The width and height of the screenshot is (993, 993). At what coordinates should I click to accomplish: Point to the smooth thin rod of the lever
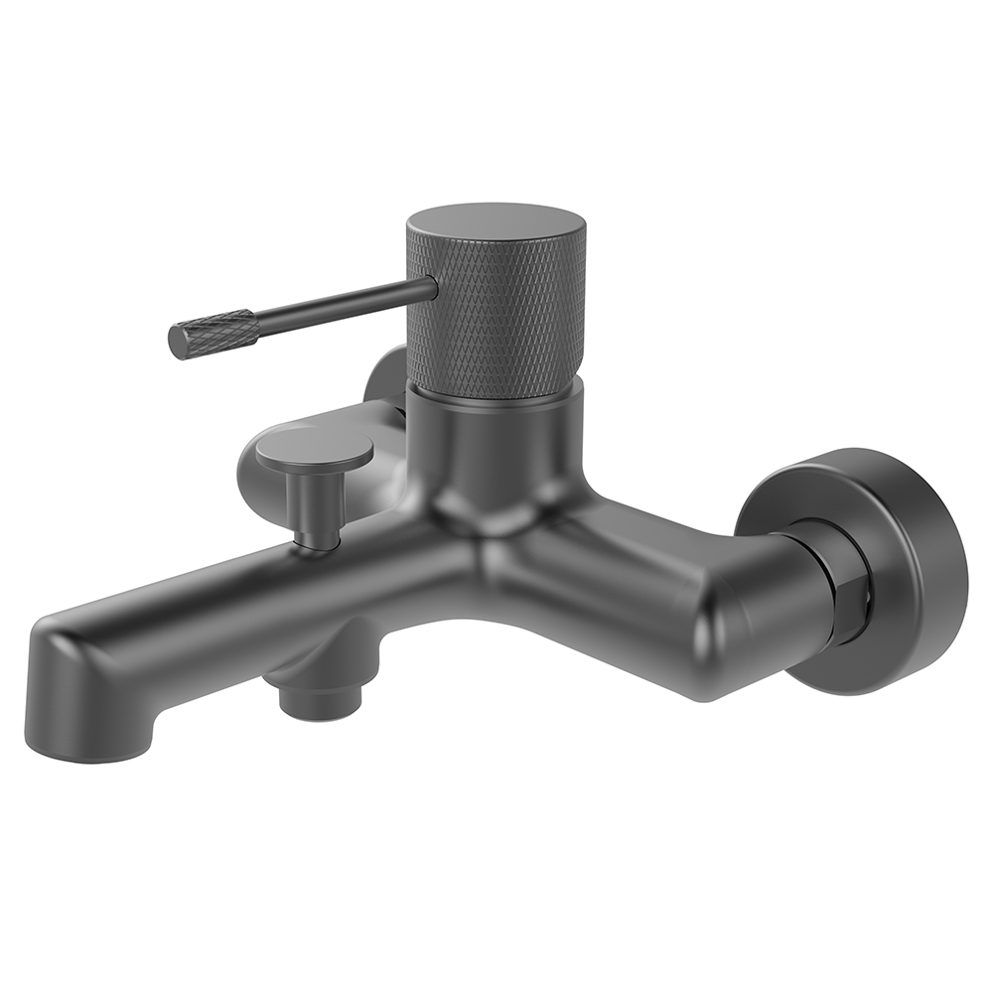(338, 303)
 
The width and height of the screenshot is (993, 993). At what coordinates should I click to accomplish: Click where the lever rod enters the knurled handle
(429, 288)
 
